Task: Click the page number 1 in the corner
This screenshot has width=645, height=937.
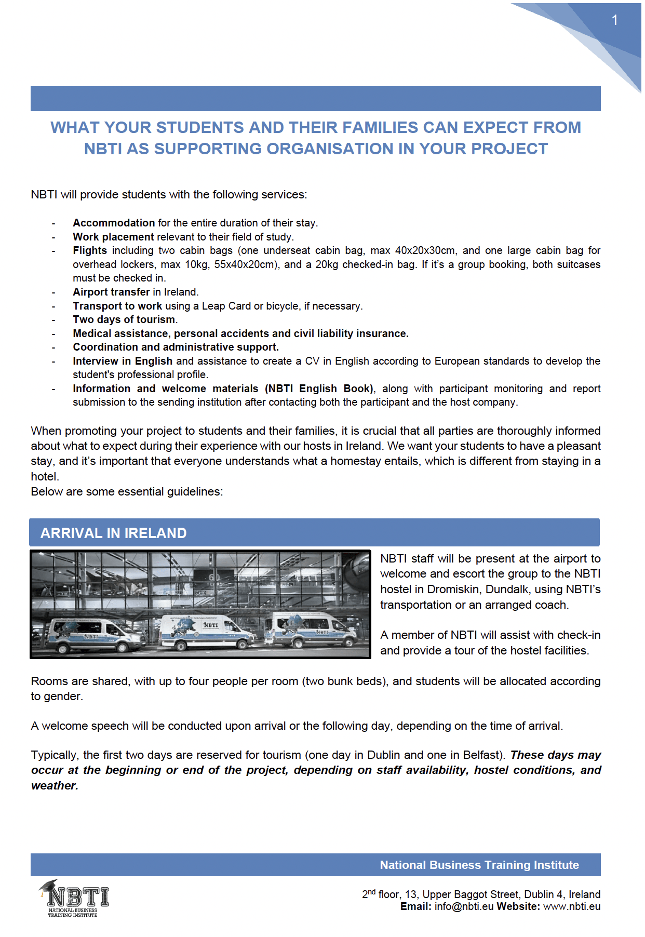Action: tap(614, 20)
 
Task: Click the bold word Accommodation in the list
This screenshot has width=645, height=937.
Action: tap(114, 223)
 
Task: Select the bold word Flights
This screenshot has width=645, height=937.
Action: tap(90, 250)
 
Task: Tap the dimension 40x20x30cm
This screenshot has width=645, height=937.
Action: tap(425, 250)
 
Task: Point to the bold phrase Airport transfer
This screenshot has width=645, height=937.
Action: tap(111, 292)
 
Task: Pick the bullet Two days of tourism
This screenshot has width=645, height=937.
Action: tap(125, 319)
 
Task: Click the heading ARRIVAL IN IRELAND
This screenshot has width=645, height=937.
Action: tap(113, 533)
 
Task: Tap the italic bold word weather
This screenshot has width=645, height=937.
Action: tap(54, 785)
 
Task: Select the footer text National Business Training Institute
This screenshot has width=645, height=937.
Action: tap(479, 865)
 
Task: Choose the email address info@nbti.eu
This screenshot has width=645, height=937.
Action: tap(464, 906)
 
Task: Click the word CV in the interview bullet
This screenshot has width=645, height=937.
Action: tap(312, 361)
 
